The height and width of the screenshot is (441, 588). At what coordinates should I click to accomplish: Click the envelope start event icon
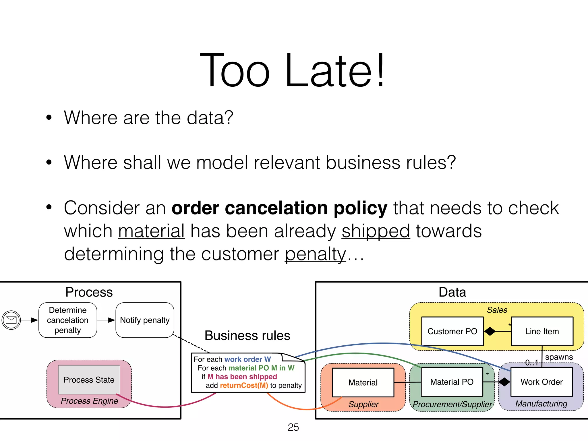(11, 320)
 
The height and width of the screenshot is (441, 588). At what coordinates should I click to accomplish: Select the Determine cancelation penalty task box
(68, 320)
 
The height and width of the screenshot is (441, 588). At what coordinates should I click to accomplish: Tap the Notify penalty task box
(145, 320)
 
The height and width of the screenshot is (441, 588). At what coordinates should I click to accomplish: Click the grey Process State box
(89, 380)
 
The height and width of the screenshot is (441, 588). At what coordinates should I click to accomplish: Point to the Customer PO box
(452, 331)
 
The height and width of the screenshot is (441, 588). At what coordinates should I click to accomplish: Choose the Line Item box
(542, 331)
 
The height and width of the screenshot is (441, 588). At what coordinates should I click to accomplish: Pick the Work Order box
(541, 382)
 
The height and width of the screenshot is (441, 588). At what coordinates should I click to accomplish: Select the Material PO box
(452, 382)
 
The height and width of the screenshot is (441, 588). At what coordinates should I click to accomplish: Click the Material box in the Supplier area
(363, 382)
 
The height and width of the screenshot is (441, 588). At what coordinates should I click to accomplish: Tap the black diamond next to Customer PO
(490, 331)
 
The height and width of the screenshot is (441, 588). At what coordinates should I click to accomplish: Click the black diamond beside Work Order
(504, 382)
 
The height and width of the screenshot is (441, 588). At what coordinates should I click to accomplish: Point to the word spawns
(559, 357)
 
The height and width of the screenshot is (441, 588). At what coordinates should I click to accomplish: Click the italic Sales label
(497, 310)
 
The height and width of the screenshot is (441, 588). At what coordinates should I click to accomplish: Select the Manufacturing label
(541, 403)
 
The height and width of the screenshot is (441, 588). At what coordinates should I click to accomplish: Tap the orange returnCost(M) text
(244, 385)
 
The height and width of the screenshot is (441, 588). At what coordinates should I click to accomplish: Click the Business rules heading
(247, 335)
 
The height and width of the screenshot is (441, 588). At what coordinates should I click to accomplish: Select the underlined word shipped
(376, 231)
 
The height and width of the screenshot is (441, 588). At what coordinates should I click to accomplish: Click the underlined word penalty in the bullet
(315, 254)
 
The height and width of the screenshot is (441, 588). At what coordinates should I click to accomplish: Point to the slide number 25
(293, 427)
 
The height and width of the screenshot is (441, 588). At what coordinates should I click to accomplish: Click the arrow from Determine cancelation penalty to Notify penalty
(106, 320)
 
